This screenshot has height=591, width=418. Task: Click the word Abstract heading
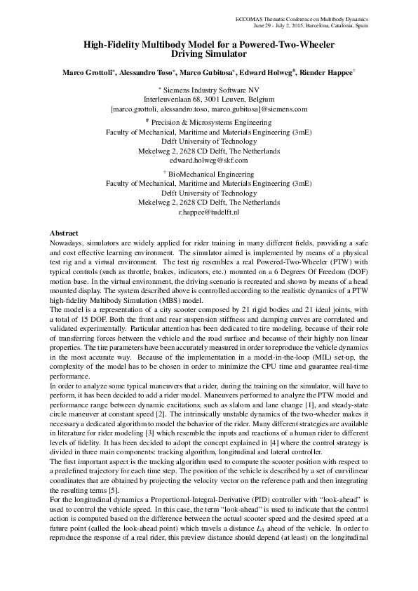click(x=64, y=232)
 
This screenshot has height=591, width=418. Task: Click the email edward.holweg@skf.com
click(x=209, y=160)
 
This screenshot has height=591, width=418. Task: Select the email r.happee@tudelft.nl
click(x=209, y=211)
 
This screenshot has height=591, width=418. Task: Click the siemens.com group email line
click(x=209, y=109)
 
